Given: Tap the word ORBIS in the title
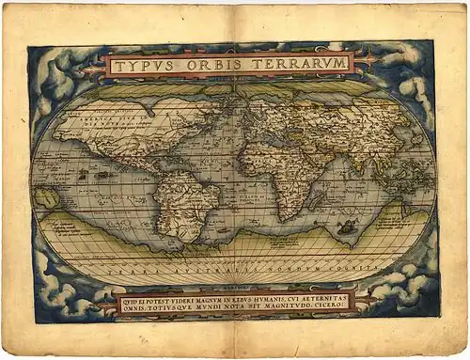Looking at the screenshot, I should click(210, 65).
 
